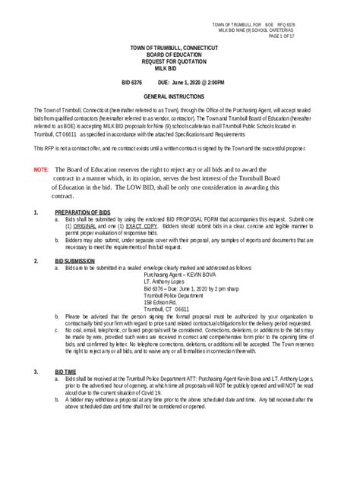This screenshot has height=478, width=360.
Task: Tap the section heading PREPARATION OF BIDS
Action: click(83, 212)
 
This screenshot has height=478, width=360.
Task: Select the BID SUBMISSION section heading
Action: click(77, 260)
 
